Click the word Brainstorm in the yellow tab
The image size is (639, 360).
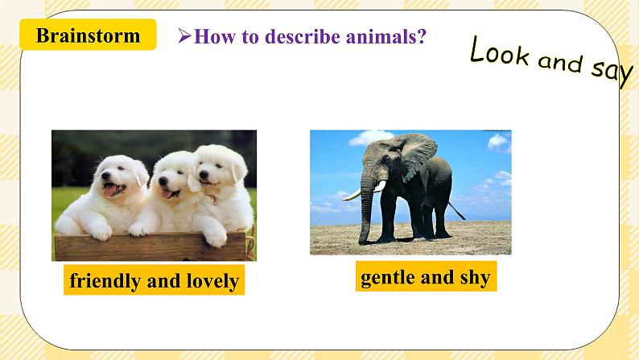click(x=88, y=35)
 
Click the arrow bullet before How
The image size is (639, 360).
click(x=183, y=36)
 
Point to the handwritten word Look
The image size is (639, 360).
click(x=499, y=53)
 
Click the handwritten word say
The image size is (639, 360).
click(x=612, y=71)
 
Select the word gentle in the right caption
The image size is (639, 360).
click(x=387, y=278)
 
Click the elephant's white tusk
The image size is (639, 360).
click(x=352, y=194)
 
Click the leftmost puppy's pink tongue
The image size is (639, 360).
click(x=109, y=192)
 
